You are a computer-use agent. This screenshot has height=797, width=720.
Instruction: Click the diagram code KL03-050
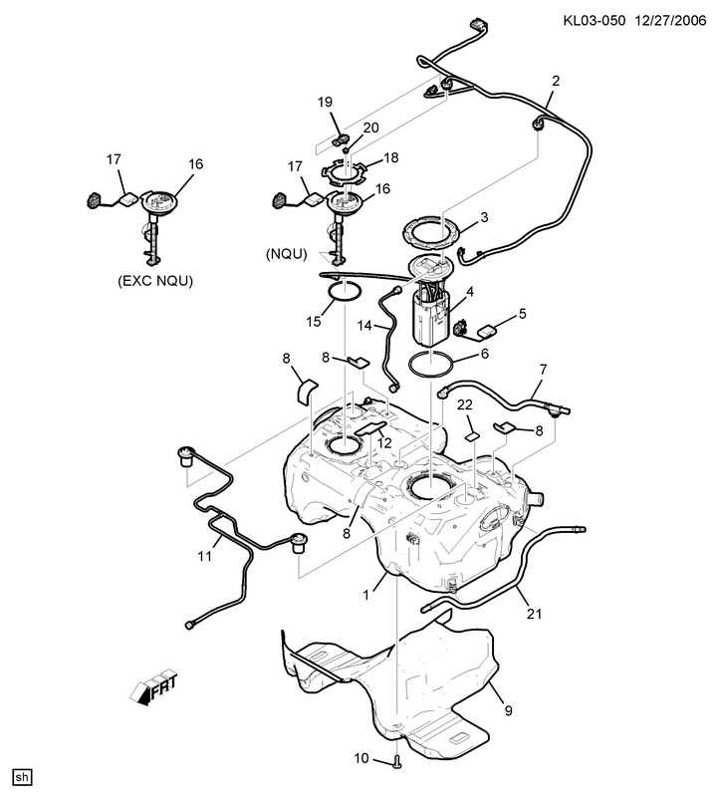click(594, 20)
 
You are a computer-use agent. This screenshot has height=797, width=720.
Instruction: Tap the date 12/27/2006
click(670, 20)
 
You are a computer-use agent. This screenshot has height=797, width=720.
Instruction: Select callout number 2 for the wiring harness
click(556, 81)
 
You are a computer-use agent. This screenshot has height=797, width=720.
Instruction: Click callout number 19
click(325, 103)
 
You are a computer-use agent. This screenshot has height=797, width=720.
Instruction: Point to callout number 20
click(370, 128)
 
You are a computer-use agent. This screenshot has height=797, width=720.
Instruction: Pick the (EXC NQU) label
click(155, 281)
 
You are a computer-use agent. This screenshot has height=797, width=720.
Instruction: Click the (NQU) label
click(287, 254)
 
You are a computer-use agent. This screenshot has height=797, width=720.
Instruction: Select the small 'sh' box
click(22, 778)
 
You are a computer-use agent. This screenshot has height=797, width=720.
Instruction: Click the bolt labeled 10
click(397, 761)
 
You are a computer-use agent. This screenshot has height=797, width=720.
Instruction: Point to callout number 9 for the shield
click(509, 710)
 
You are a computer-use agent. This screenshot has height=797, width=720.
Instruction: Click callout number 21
click(534, 614)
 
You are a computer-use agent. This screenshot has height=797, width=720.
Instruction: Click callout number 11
click(204, 557)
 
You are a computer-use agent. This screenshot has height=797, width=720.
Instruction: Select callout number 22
click(465, 404)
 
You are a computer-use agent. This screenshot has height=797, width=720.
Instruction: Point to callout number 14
click(364, 326)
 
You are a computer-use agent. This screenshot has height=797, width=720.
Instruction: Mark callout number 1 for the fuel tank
click(365, 595)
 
